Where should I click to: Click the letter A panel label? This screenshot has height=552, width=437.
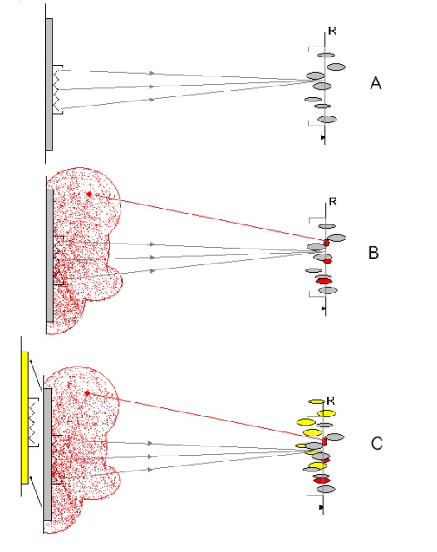[x=376, y=83]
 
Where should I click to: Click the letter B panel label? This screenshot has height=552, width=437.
[x=373, y=253]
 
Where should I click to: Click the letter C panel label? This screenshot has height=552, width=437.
[x=376, y=444]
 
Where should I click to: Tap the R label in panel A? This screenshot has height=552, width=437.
[x=332, y=31]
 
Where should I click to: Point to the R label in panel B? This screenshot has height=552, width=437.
[x=333, y=202]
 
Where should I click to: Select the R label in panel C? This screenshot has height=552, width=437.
[x=331, y=401]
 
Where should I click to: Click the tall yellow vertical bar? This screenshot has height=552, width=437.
[x=25, y=417]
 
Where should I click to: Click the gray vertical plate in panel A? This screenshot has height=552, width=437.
[x=49, y=85]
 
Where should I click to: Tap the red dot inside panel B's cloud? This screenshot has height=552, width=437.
[x=90, y=194]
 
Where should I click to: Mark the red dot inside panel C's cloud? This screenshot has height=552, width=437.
[x=87, y=393]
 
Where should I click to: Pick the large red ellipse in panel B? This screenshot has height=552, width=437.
[x=324, y=282]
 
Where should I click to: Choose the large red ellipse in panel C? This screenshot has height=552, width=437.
[x=322, y=481]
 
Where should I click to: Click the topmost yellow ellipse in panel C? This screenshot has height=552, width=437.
[x=317, y=402]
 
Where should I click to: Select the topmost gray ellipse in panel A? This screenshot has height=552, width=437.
[x=327, y=55]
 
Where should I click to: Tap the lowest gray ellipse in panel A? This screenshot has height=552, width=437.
[x=327, y=120]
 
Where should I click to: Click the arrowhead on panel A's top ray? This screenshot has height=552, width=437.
[x=152, y=73]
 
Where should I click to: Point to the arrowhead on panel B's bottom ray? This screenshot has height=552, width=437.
[x=152, y=271]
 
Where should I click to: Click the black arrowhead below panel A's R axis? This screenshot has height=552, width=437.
[x=322, y=137]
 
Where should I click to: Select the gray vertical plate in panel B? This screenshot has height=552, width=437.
[x=50, y=255]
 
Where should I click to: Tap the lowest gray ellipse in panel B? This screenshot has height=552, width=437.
[x=328, y=290]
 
